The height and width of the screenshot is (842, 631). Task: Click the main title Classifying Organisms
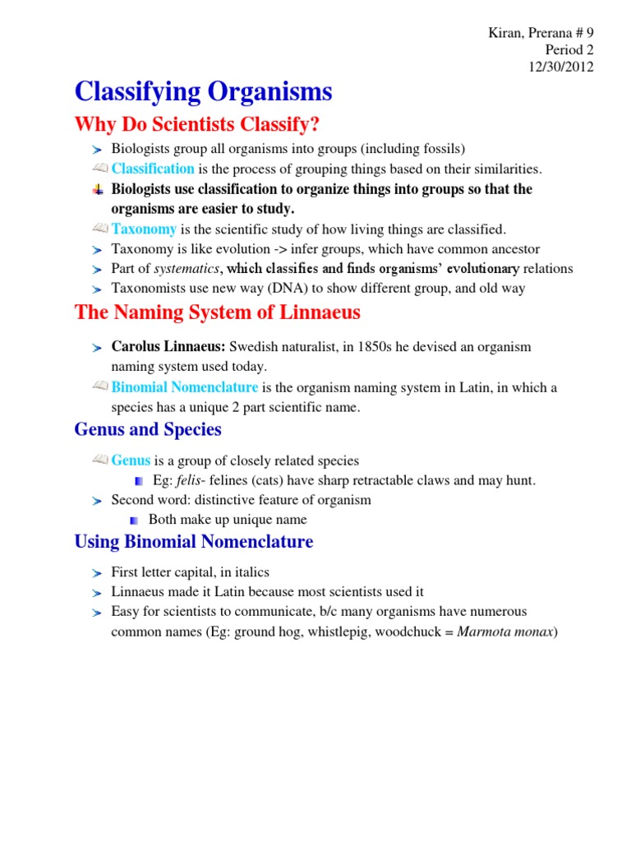203,91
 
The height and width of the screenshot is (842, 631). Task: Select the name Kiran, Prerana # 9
536,32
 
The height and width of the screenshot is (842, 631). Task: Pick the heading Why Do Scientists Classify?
197,125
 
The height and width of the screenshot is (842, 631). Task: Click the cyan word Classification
153,169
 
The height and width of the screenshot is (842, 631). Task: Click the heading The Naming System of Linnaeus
217,312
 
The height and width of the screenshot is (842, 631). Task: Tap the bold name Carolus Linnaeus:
168,347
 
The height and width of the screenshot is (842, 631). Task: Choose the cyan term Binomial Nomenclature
185,387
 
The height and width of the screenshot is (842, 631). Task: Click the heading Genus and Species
148,429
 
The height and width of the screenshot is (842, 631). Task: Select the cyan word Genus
131,460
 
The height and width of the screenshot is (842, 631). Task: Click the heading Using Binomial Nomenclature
193,541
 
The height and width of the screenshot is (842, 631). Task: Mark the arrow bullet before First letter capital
97,572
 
